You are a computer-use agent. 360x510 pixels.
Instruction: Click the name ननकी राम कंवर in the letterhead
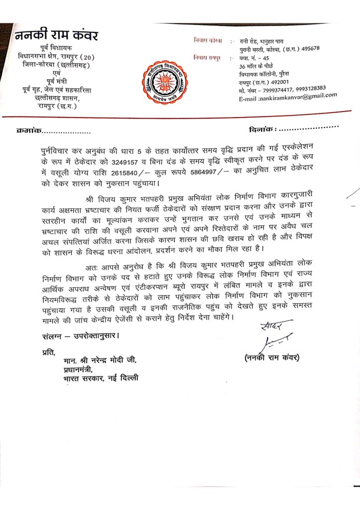point(56,36)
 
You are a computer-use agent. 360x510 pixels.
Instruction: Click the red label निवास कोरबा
point(208,39)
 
